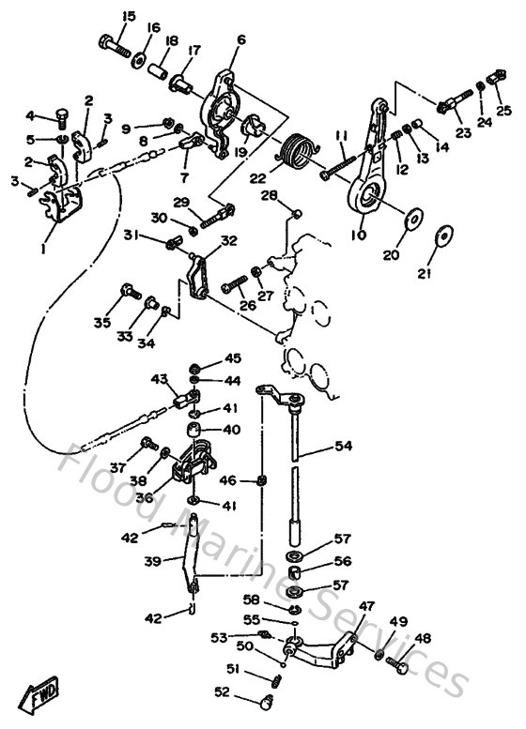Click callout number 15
pyautogui.click(x=129, y=16)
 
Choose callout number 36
pyautogui.click(x=144, y=497)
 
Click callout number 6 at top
pyautogui.click(x=241, y=39)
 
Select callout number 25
pyautogui.click(x=504, y=111)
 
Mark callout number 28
pyautogui.click(x=269, y=195)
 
